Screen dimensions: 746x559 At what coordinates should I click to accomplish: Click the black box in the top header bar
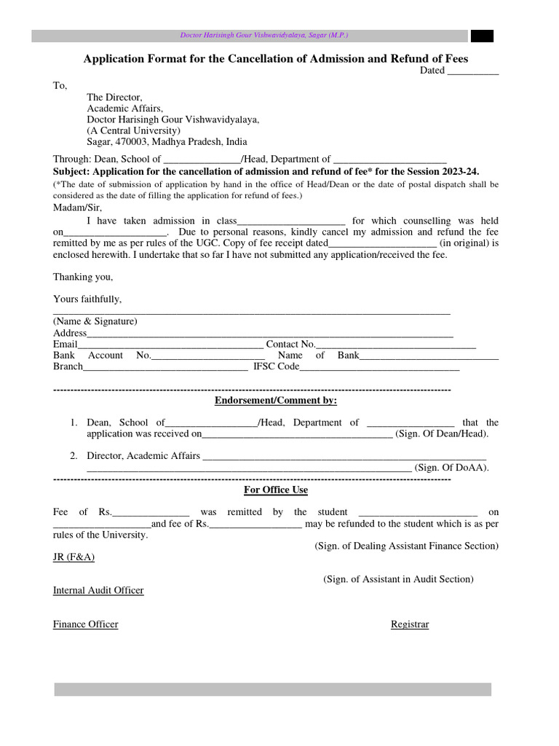click(x=482, y=36)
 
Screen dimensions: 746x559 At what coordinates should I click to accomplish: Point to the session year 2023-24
click(x=455, y=170)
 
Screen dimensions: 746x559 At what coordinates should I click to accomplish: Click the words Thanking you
click(x=83, y=277)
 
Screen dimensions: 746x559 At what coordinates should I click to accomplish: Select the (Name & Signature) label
click(x=95, y=321)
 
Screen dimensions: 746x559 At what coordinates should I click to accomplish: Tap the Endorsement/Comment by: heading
click(x=276, y=401)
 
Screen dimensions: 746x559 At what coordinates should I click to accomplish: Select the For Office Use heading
click(x=276, y=490)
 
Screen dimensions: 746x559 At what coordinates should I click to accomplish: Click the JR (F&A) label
click(x=74, y=557)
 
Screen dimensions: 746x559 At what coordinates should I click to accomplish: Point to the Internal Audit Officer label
click(x=98, y=590)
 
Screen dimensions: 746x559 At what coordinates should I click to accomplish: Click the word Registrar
click(x=410, y=624)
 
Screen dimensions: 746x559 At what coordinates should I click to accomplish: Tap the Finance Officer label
click(x=85, y=624)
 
